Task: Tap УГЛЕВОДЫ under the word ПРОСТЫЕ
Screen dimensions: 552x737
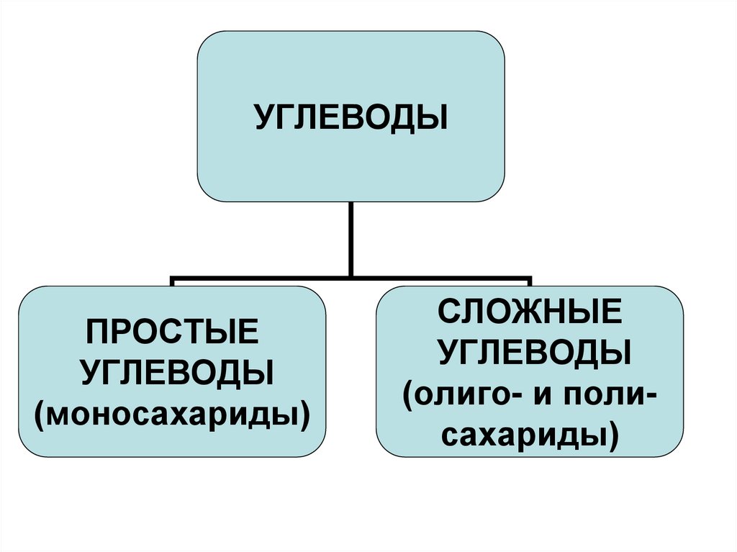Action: pos(173,373)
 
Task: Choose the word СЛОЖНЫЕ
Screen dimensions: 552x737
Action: pos(530,314)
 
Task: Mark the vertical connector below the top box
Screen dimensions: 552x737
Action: pos(351,237)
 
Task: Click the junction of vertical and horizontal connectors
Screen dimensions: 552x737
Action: pos(351,277)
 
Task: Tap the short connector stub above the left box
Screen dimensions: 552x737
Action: pos(173,281)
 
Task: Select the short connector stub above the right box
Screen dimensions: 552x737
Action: pos(530,281)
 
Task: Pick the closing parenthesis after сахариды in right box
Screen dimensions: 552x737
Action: pos(612,435)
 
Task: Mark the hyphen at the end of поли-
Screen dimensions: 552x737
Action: pos(651,396)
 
